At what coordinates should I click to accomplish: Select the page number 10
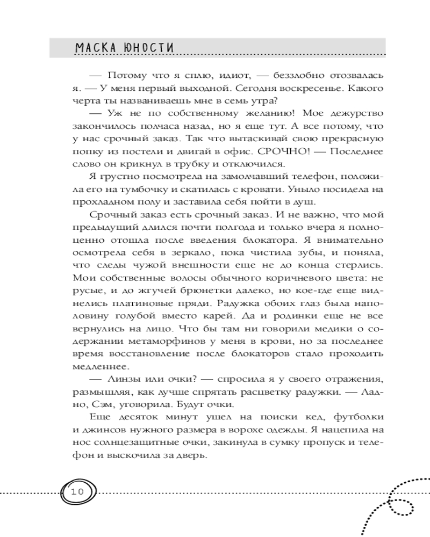[x=77, y=491]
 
